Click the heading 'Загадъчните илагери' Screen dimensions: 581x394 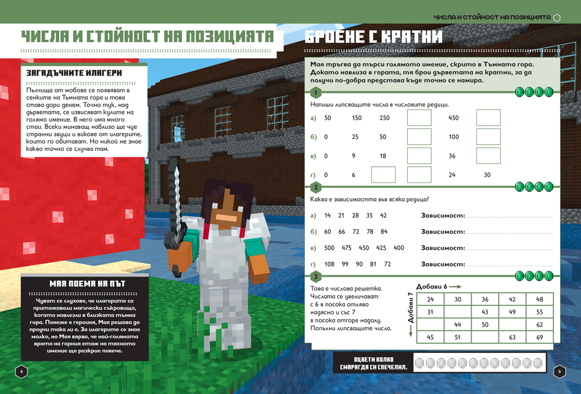pyautogui.click(x=74, y=73)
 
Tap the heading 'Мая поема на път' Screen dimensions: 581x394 pyautogui.click(x=88, y=284)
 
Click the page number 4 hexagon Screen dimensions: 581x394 pyautogui.click(x=21, y=371)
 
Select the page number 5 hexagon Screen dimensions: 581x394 pyautogui.click(x=560, y=371)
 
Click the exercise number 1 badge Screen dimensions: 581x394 pyautogui.click(x=315, y=92)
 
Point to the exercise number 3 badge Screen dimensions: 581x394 pyautogui.click(x=315, y=277)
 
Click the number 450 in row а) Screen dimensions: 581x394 pyautogui.click(x=454, y=118)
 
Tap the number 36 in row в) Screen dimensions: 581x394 pyautogui.click(x=452, y=156)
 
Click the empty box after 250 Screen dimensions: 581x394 pyautogui.click(x=419, y=117)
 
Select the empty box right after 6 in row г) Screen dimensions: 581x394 pyautogui.click(x=383, y=174)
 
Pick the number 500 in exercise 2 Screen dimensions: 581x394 pyautogui.click(x=329, y=248)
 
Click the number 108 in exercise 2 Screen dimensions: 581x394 pyautogui.click(x=329, y=264)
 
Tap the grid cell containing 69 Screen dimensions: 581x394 pyautogui.click(x=540, y=337)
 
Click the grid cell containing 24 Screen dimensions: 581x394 pyautogui.click(x=430, y=299)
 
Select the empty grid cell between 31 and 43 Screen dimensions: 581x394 pyautogui.click(x=458, y=312)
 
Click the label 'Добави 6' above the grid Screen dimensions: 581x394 pyautogui.click(x=432, y=286)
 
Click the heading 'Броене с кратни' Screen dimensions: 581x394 pyautogui.click(x=374, y=37)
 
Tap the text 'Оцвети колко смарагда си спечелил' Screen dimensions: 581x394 pyautogui.click(x=374, y=363)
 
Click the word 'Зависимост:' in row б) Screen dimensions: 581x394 pyautogui.click(x=443, y=232)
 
